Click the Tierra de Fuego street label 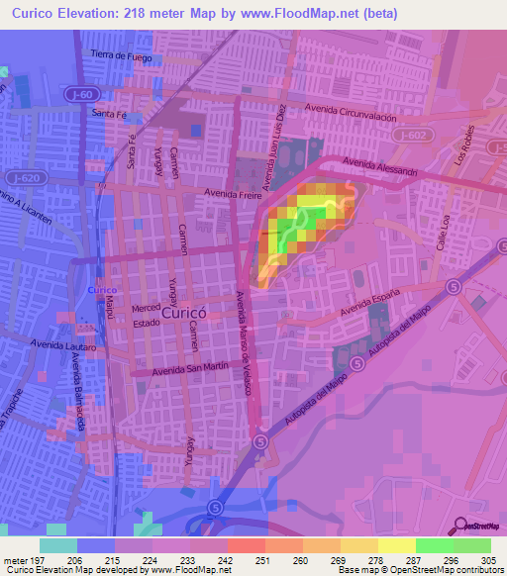(124, 55)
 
